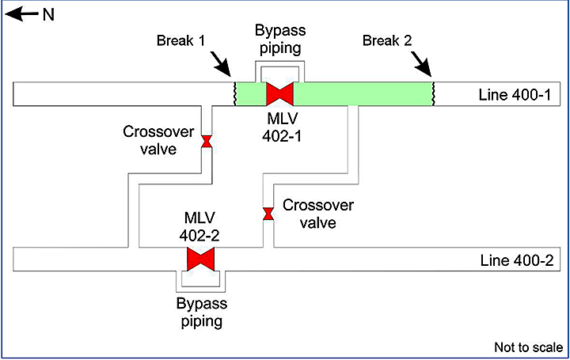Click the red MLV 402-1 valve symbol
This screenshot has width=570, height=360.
(279, 93)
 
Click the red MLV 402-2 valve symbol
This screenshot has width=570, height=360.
(201, 259)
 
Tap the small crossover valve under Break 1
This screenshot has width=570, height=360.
(207, 142)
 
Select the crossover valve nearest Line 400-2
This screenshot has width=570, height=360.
(268, 214)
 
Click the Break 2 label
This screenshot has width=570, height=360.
(386, 40)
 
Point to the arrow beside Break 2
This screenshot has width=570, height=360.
(424, 59)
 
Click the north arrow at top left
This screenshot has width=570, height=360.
(23, 14)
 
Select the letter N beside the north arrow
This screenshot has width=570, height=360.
(47, 14)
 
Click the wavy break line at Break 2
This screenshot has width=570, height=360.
(432, 93)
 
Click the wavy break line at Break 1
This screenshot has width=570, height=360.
(233, 93)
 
